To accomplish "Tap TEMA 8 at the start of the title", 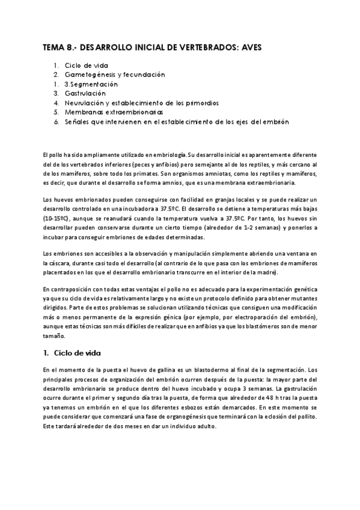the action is tap(56, 46).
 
